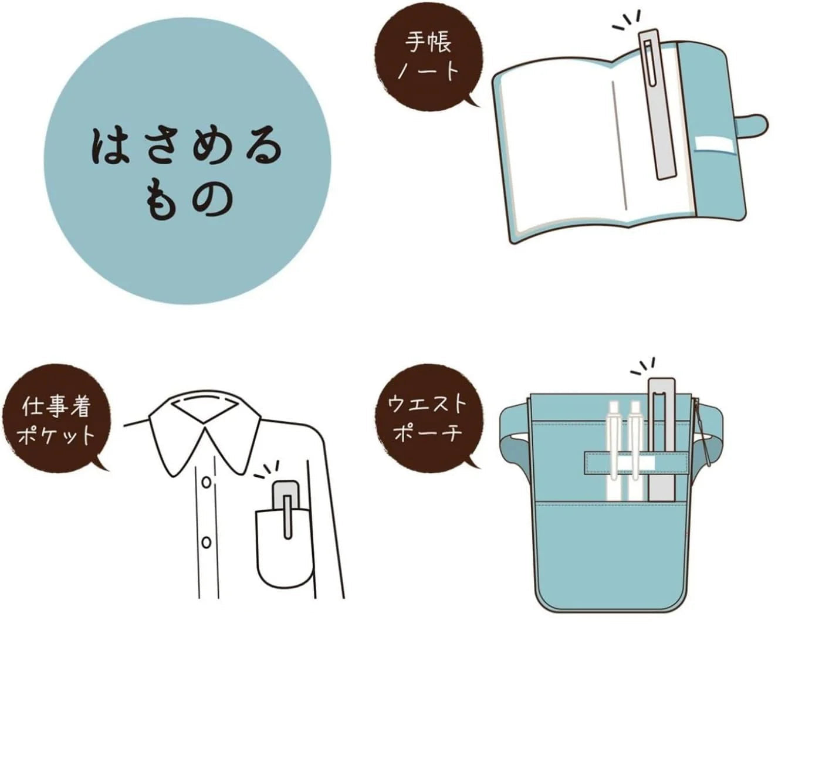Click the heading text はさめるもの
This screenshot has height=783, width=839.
[187, 174]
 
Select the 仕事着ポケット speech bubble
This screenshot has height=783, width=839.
[56, 418]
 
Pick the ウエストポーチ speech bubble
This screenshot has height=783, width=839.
[428, 418]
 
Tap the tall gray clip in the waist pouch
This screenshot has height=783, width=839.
[662, 439]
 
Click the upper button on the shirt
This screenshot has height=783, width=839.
[206, 482]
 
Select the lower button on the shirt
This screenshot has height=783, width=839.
[206, 543]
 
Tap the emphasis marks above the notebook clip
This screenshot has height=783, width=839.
[627, 21]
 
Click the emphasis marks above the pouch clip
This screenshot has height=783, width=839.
[642, 366]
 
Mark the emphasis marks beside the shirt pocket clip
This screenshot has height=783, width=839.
[266, 470]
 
